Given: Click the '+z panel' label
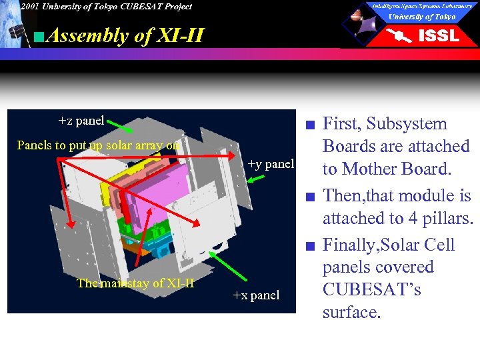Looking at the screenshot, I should (81, 121).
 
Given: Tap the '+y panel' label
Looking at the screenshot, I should (270, 163).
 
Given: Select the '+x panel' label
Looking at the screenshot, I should (256, 295).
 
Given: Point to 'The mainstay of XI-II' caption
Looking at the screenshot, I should (135, 283).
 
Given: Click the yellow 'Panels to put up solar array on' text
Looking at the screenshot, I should (97, 145).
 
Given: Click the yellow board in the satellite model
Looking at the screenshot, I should (117, 179).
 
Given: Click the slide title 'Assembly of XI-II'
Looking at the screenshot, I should (125, 35).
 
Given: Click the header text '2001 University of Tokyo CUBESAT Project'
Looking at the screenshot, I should (105, 7).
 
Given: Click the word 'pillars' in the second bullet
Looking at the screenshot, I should (442, 218).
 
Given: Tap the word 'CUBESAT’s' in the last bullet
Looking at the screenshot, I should (371, 290).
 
